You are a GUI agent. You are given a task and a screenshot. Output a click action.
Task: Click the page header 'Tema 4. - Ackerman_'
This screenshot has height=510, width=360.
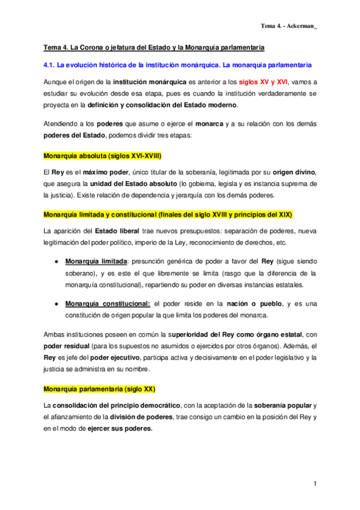tap(288, 25)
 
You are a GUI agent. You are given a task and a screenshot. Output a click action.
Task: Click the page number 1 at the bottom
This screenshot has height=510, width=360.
tap(314, 484)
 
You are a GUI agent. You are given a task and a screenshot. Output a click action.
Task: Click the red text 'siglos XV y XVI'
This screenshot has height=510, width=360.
tap(264, 81)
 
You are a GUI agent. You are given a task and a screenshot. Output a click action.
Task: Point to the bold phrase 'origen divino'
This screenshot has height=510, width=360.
tap(291, 173)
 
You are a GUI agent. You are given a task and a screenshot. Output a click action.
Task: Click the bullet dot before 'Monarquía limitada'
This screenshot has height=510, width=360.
tap(56, 262)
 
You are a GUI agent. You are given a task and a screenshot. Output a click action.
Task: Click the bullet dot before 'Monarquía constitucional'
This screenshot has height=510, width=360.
tap(56, 304)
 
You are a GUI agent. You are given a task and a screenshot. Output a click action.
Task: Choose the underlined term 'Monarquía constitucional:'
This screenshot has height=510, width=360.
tap(108, 304)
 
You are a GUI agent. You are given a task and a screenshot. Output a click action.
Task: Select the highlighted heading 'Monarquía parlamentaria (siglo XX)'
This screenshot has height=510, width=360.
tap(99, 389)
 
